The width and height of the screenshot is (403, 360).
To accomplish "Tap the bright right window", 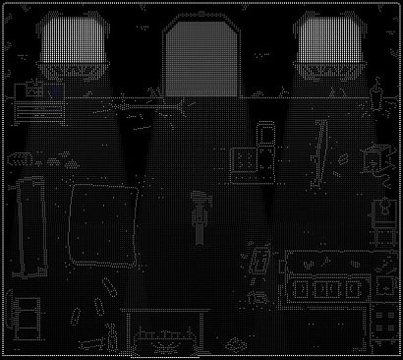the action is tap(327, 49).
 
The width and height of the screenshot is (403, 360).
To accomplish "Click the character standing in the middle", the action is tap(200, 216).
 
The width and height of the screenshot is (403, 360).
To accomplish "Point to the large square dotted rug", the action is tap(102, 225).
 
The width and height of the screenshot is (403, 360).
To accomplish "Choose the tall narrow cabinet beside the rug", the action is tap(31, 227).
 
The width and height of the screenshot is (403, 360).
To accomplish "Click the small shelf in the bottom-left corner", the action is tap(27, 314).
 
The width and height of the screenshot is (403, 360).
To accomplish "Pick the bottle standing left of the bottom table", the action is tap(113, 337).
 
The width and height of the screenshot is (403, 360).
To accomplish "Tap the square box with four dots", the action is tap(245, 159).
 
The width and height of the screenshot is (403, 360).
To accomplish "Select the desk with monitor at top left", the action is tap(41, 99).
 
